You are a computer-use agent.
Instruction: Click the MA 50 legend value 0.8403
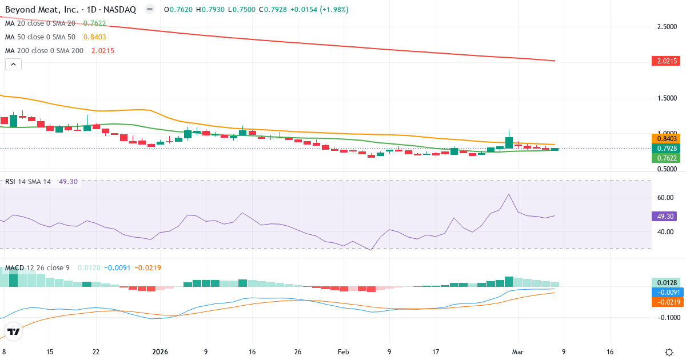(94, 37)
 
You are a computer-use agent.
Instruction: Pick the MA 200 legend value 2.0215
(103, 51)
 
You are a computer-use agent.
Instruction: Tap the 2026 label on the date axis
(159, 352)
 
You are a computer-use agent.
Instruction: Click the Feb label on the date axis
(343, 352)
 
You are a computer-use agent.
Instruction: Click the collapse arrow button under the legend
(13, 65)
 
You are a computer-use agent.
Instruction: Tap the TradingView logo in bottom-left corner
(14, 331)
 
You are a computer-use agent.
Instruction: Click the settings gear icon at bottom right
(669, 352)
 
